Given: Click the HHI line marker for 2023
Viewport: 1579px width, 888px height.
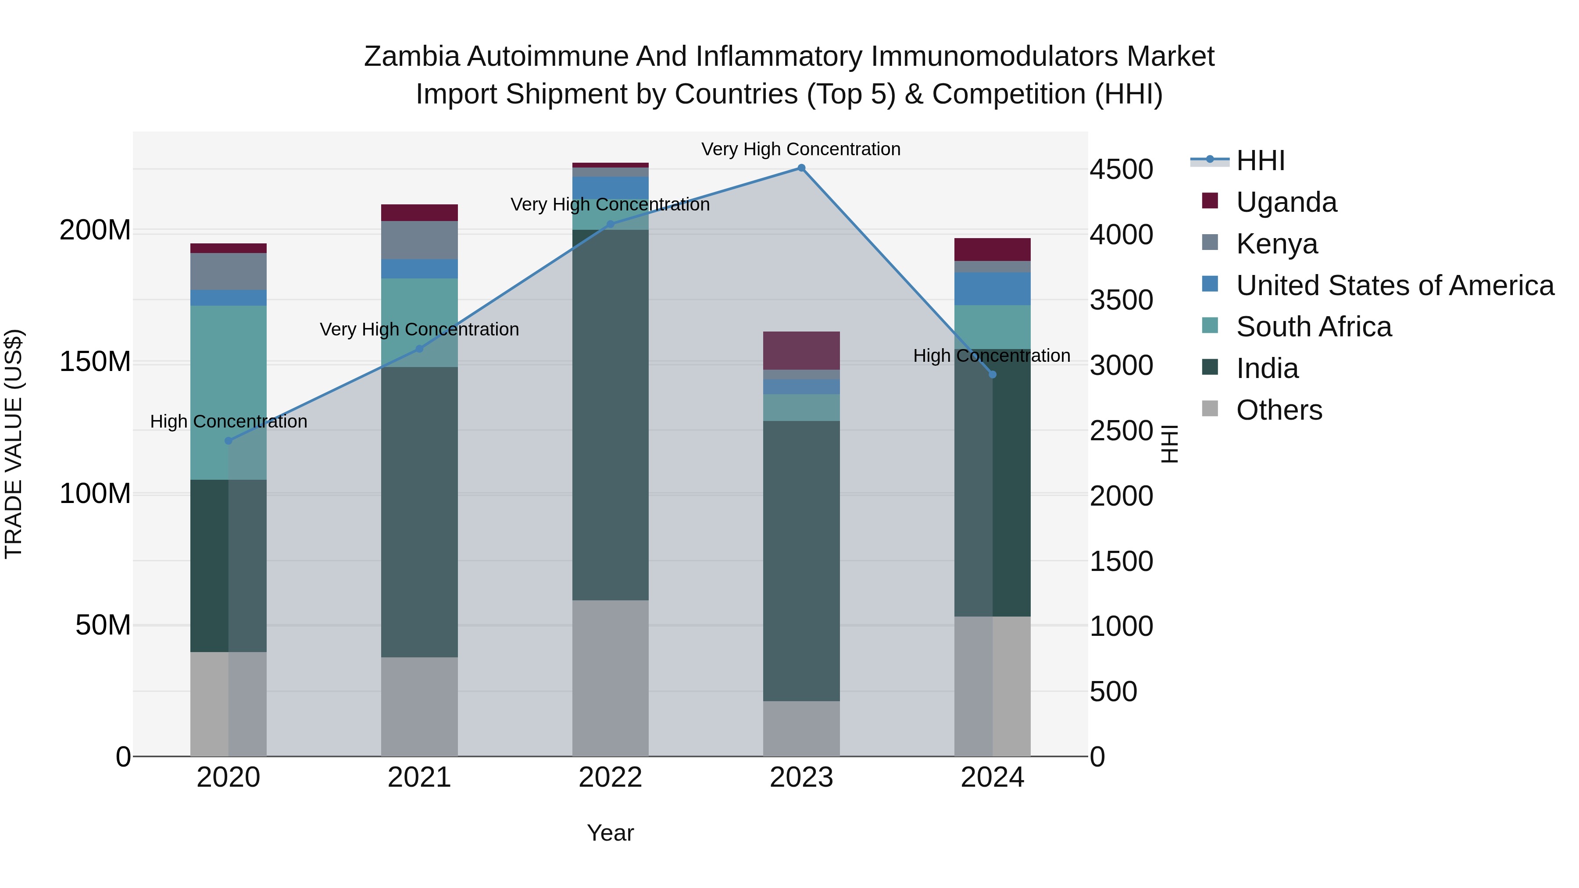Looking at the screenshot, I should pyautogui.click(x=801, y=168).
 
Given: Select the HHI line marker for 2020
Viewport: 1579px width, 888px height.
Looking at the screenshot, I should pyautogui.click(x=229, y=441).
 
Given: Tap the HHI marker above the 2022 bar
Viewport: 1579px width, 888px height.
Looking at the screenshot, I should pyautogui.click(x=610, y=224).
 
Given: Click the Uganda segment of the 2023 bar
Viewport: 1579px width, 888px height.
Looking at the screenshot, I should pyautogui.click(x=801, y=350).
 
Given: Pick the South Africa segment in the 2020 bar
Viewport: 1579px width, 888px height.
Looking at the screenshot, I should pyautogui.click(x=229, y=392).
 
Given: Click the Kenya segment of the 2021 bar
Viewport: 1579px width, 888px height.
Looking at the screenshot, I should pyautogui.click(x=419, y=240).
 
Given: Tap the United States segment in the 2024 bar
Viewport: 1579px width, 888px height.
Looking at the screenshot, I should pyautogui.click(x=993, y=289).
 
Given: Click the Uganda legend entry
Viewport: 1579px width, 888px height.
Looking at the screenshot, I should pyautogui.click(x=1286, y=202).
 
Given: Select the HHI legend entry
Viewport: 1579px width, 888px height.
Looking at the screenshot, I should pyautogui.click(x=1260, y=160).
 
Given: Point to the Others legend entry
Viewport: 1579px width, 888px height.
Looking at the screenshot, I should pyautogui.click(x=1279, y=410).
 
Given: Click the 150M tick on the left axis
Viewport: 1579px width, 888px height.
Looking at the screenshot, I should pyautogui.click(x=95, y=362).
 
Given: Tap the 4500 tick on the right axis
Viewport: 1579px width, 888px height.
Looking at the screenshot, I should pyautogui.click(x=1121, y=170).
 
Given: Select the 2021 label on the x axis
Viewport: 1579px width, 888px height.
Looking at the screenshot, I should pyautogui.click(x=419, y=777).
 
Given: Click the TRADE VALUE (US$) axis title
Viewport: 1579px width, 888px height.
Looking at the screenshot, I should pyautogui.click(x=14, y=444).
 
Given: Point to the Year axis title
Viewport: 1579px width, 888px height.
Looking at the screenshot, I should pyautogui.click(x=610, y=833).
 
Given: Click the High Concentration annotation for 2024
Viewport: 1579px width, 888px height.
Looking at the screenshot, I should pyautogui.click(x=991, y=356).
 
